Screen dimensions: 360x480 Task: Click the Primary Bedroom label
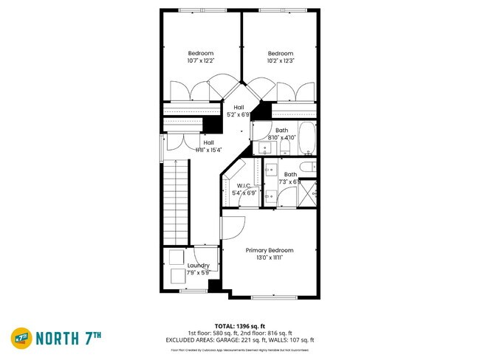(x=270, y=250)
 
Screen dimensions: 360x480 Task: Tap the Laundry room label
(x=198, y=266)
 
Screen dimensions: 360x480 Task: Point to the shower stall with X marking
(x=309, y=193)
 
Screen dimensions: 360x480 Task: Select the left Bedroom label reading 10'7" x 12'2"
(x=200, y=53)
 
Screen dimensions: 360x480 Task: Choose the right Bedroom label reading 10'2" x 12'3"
(x=280, y=53)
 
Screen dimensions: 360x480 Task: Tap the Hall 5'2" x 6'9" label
(x=239, y=108)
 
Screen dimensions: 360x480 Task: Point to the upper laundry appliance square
(x=176, y=258)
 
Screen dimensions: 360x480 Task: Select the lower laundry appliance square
(x=178, y=277)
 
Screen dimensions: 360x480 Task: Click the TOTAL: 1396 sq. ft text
(x=240, y=325)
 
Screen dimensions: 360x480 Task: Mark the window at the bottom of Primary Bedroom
(x=271, y=297)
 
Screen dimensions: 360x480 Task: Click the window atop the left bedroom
(x=201, y=10)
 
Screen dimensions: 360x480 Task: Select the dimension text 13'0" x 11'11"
(x=270, y=257)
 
